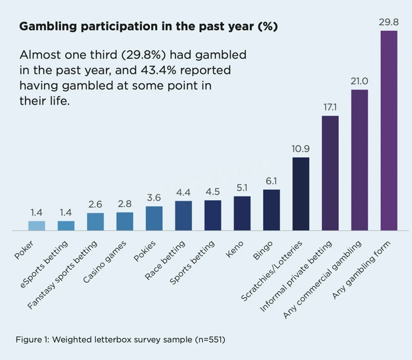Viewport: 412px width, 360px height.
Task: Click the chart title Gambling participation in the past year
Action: click(x=148, y=27)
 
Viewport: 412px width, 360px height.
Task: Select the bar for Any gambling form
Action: click(x=389, y=130)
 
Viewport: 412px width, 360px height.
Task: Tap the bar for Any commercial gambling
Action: click(x=360, y=160)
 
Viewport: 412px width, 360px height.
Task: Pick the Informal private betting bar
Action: click(x=330, y=173)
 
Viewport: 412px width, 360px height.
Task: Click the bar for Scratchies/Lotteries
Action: click(x=300, y=194)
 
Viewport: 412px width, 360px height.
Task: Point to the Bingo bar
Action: click(x=271, y=210)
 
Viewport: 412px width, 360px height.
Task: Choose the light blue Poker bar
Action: click(x=37, y=226)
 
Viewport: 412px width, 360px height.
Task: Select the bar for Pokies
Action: click(x=154, y=218)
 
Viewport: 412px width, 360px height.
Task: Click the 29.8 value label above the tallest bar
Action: click(x=389, y=22)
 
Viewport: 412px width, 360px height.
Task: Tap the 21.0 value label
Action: click(x=360, y=81)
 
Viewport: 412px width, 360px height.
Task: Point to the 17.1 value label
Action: click(x=330, y=107)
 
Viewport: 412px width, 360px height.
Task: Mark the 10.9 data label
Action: click(x=300, y=149)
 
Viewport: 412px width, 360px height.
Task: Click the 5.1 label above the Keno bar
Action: click(x=242, y=188)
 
